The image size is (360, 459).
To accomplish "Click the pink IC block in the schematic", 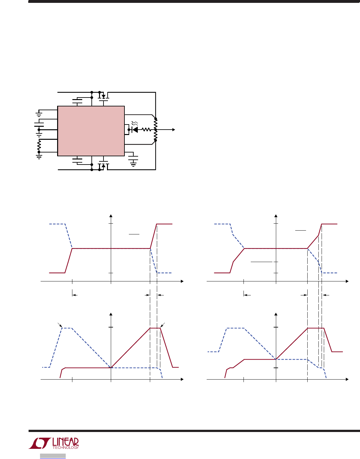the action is (x=91, y=131).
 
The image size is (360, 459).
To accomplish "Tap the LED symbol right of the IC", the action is (x=135, y=130).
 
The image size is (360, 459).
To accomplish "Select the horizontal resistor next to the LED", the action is (x=146, y=130).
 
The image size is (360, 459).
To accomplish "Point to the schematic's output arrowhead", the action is (x=174, y=130).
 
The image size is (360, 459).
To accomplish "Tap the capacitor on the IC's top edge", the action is (x=77, y=101).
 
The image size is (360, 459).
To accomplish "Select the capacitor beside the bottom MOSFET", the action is (x=77, y=161).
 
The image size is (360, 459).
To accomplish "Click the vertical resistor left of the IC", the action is (x=39, y=145).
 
